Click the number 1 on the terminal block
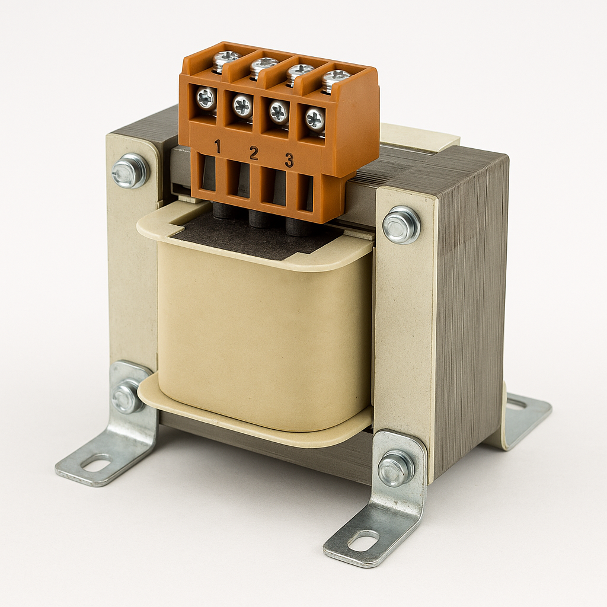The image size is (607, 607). click(x=218, y=148)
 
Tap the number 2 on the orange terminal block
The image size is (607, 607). click(x=254, y=154)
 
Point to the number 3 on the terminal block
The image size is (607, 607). click(x=289, y=160)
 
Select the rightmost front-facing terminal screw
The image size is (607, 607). click(x=315, y=118)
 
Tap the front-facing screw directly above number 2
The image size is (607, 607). click(x=242, y=106)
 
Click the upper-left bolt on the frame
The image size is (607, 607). click(x=130, y=170)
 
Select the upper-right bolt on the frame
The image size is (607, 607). click(x=401, y=225)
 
